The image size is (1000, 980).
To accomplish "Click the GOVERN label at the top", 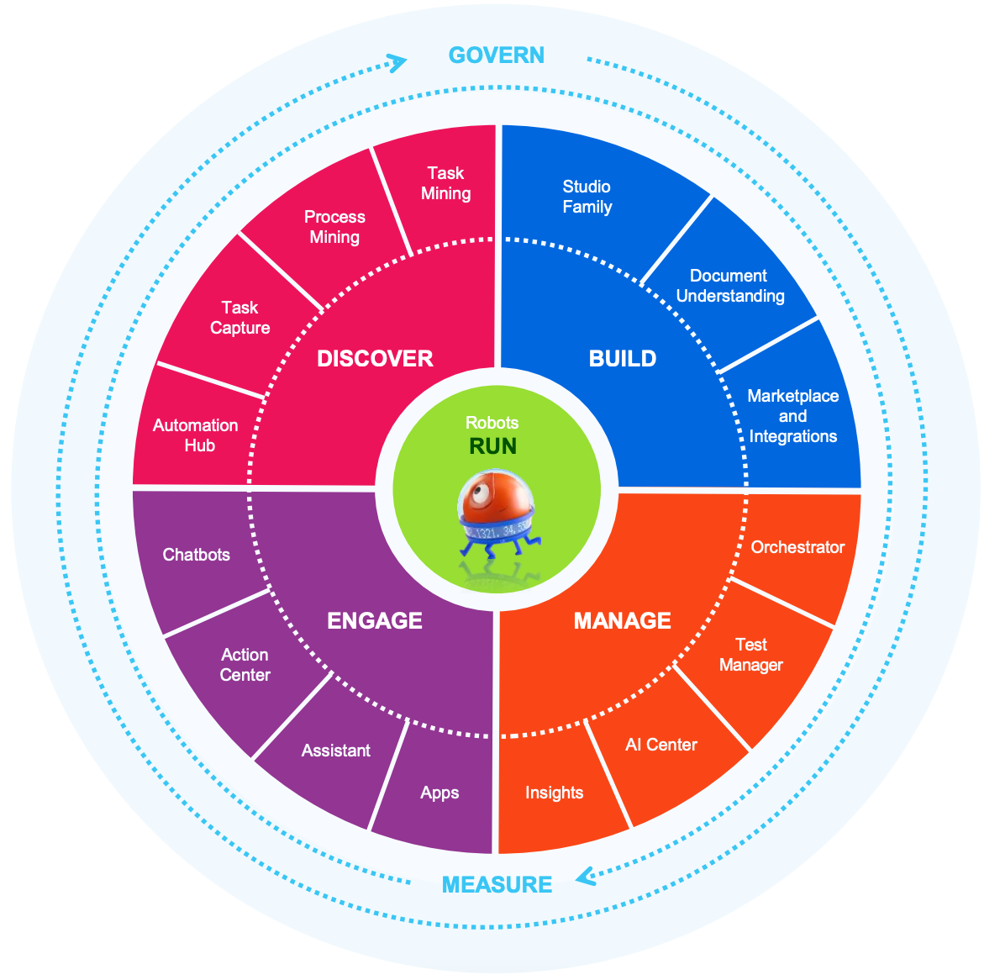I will tap(496, 55).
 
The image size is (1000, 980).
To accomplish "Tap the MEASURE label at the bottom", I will tap(497, 884).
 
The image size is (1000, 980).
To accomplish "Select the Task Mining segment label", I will tap(445, 183).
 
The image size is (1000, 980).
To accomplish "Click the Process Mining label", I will tap(334, 227).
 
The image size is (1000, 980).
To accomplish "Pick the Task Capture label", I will tap(240, 318).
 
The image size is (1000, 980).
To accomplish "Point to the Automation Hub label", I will tap(196, 435).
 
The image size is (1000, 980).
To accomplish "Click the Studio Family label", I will tap(587, 197).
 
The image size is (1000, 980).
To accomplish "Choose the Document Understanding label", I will tap(730, 286).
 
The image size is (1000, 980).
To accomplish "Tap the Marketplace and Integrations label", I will tap(793, 416).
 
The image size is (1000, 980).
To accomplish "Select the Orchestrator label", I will tap(797, 547).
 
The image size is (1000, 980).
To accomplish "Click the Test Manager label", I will tap(751, 655).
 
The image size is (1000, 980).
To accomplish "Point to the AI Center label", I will tap(661, 745).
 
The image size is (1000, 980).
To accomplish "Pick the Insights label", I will tap(554, 793).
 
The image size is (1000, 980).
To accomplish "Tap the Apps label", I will tap(439, 793).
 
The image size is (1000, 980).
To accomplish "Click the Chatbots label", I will tap(197, 555).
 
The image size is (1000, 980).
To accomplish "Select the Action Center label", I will tap(245, 665).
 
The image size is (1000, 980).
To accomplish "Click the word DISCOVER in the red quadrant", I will tap(375, 359).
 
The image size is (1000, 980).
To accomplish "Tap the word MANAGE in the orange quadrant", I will tap(622, 621).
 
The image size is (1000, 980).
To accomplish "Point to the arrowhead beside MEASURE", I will tap(585, 877).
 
